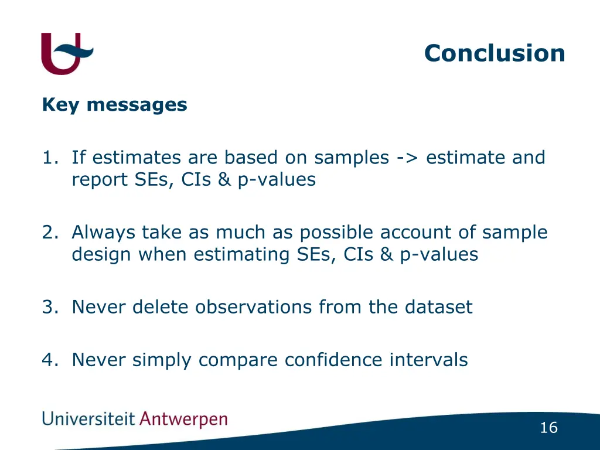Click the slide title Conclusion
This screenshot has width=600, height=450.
click(x=495, y=53)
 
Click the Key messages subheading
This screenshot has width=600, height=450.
click(x=114, y=105)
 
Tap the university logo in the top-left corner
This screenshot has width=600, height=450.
click(x=66, y=53)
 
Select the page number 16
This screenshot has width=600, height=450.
click(x=548, y=428)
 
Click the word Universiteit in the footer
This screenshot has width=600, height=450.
click(x=88, y=419)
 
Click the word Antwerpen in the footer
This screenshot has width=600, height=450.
click(x=184, y=420)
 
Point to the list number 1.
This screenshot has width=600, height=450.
click(x=48, y=158)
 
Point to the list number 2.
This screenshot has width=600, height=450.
click(x=48, y=233)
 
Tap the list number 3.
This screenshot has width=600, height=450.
click(x=48, y=307)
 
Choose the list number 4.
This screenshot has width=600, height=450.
click(x=48, y=360)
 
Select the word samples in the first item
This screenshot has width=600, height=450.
click(x=352, y=158)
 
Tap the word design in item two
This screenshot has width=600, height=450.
click(x=101, y=255)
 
